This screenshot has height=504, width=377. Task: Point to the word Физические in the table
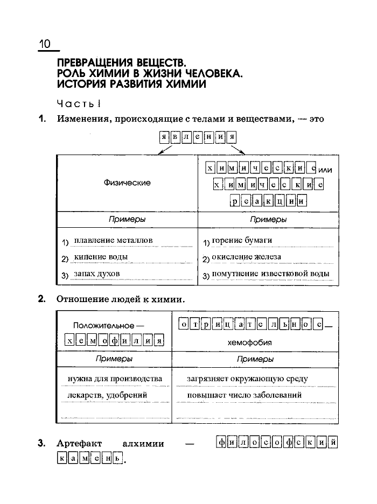[x=127, y=183]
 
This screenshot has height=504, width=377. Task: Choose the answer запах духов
[x=97, y=274]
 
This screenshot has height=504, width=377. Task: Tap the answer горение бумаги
[x=242, y=240]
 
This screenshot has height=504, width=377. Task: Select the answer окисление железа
[x=246, y=257]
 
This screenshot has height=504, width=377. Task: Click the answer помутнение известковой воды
[x=270, y=274]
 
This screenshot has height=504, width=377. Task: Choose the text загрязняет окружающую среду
[x=247, y=379]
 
